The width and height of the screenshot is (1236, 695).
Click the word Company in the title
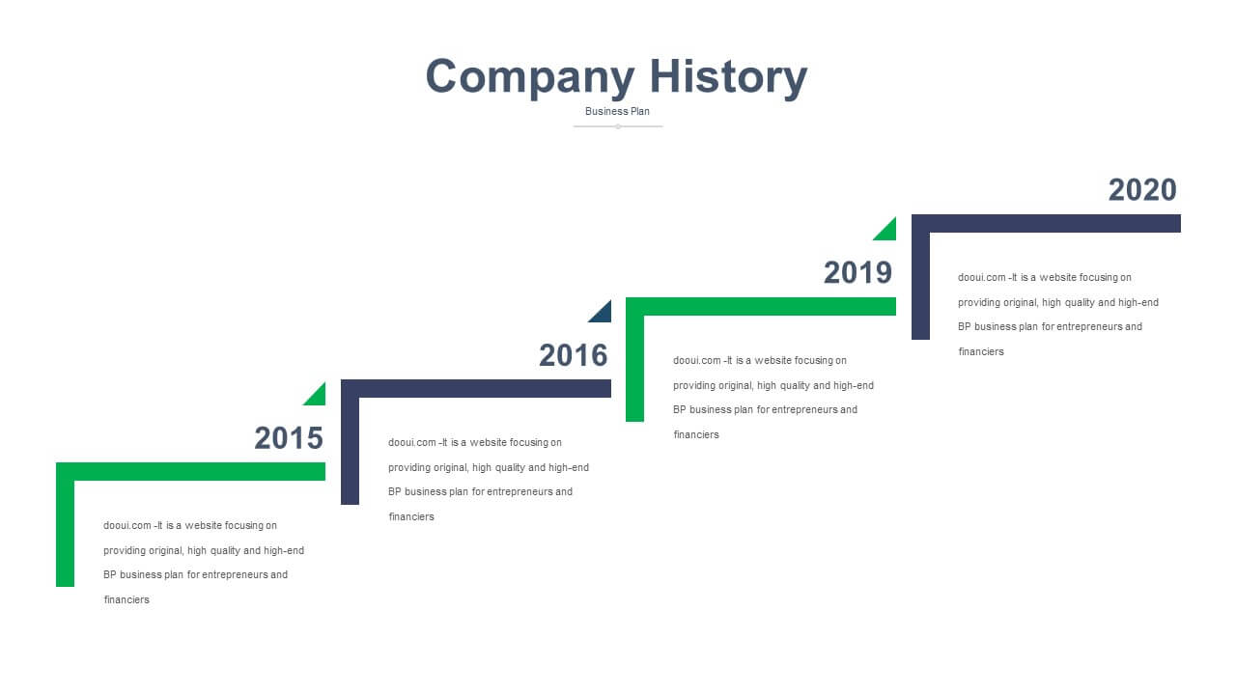pyautogui.click(x=530, y=78)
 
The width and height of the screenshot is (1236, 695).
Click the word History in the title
pyautogui.click(x=728, y=78)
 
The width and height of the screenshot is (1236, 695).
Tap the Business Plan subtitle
pyautogui.click(x=617, y=111)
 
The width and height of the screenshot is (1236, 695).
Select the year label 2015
pyautogui.click(x=289, y=438)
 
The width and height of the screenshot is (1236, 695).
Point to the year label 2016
pyautogui.click(x=574, y=355)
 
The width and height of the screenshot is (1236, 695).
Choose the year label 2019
pyautogui.click(x=858, y=272)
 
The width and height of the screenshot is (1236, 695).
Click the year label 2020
pyautogui.click(x=1142, y=190)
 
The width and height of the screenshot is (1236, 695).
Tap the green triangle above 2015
pyautogui.click(x=318, y=397)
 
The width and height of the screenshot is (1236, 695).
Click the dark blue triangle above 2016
pyautogui.click(x=604, y=315)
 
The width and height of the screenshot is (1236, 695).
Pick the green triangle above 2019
pyautogui.click(x=887, y=232)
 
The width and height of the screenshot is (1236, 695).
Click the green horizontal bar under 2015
pyautogui.click(x=190, y=472)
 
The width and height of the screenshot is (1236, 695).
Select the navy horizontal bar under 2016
pyautogui.click(x=476, y=388)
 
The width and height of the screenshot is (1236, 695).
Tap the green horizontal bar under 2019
pyautogui.click(x=760, y=306)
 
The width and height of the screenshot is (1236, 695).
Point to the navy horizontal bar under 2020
pyautogui.click(x=1046, y=223)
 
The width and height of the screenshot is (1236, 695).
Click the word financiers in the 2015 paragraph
pyautogui.click(x=126, y=599)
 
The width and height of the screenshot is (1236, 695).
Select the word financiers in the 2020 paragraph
pyautogui.click(x=981, y=351)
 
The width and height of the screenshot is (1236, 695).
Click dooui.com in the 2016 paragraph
pyautogui.click(x=412, y=442)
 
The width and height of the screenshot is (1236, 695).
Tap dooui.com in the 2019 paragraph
pyautogui.click(x=697, y=360)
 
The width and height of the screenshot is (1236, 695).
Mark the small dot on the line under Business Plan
pyautogui.click(x=618, y=126)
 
